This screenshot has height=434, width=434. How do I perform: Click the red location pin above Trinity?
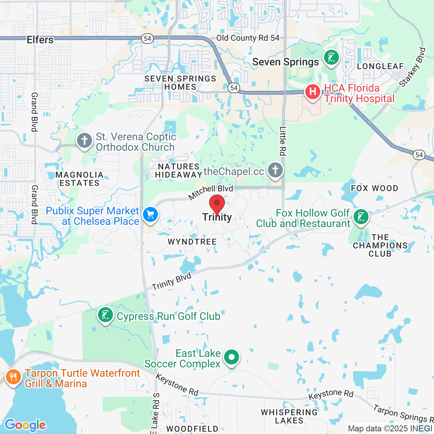pyautogui.click(x=217, y=204)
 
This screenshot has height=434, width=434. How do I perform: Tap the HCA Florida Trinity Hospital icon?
pyautogui.click(x=312, y=91)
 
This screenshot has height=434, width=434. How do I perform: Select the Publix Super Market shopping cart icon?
pyautogui.click(x=150, y=215)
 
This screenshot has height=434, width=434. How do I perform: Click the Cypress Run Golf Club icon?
pyautogui.click(x=106, y=315)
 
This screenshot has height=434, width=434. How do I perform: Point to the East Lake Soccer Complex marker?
pyautogui.click(x=232, y=357)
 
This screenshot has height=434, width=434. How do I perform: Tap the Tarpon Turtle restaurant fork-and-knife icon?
pyautogui.click(x=13, y=377)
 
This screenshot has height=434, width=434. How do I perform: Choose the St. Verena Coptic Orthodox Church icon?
pyautogui.click(x=85, y=141)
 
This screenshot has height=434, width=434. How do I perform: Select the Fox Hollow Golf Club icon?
pyautogui.click(x=361, y=217)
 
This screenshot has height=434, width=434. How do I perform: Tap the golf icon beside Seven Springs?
pyautogui.click(x=331, y=58)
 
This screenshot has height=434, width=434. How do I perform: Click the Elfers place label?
pyautogui.click(x=40, y=40)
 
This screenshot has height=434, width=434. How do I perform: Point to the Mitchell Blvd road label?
pyautogui.click(x=210, y=192)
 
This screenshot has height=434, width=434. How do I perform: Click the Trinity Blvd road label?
pyautogui.click(x=172, y=281)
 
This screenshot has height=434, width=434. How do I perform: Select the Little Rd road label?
pyautogui.click(x=283, y=141)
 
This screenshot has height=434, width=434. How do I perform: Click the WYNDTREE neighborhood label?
pyautogui.click(x=192, y=242)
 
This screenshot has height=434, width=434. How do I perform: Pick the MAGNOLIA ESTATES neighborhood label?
pyautogui.click(x=79, y=179)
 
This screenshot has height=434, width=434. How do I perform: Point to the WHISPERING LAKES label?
pyautogui.click(x=289, y=416)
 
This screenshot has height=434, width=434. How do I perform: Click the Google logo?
pyautogui.click(x=25, y=425)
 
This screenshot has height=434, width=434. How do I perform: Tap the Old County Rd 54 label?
pyautogui.click(x=248, y=38)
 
